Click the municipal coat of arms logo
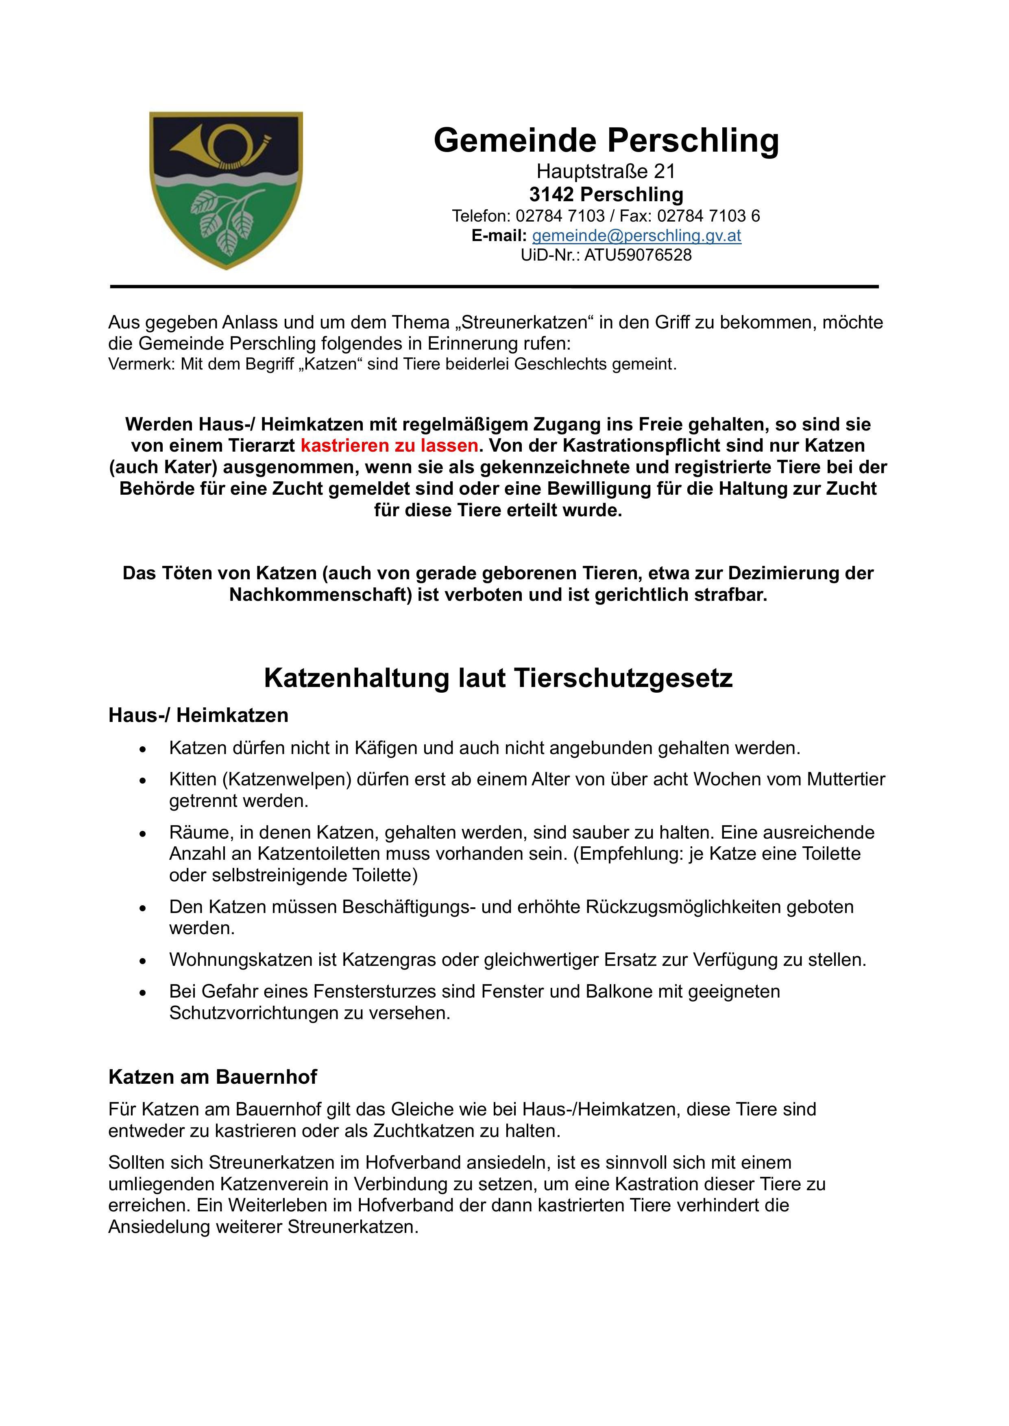226,190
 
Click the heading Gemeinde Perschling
606,140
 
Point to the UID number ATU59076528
637,254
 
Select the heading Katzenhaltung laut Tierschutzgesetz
498,678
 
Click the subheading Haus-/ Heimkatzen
198,715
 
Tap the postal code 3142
551,194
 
